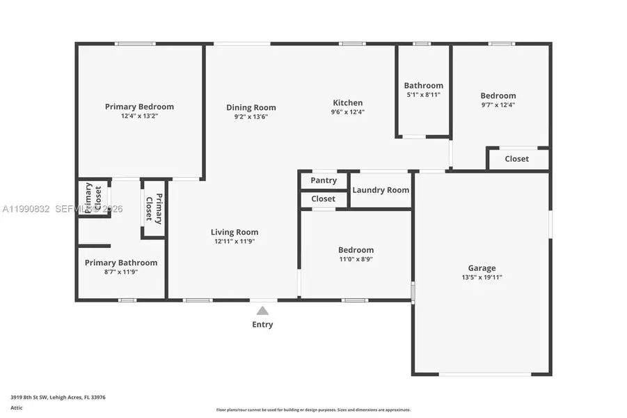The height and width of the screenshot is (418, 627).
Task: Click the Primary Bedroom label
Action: tap(139, 107)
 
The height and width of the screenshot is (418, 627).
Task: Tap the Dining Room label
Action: tap(251, 107)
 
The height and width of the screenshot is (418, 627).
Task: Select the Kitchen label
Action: tap(347, 102)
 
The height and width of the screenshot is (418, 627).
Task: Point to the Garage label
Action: tap(482, 268)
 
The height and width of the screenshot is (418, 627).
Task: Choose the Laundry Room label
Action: tap(381, 189)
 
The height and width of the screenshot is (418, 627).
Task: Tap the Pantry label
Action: tap(324, 180)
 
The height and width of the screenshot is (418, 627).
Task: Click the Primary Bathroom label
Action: tap(121, 263)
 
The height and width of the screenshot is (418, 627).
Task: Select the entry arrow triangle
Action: tap(262, 311)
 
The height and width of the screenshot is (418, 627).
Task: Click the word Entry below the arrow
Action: tap(262, 325)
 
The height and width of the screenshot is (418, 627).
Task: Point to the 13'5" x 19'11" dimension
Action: tap(482, 277)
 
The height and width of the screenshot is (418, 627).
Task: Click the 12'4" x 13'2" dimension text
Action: tap(139, 116)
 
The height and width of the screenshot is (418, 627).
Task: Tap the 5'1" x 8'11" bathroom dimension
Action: tap(423, 95)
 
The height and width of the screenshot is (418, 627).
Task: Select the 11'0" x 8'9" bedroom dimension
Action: tap(356, 259)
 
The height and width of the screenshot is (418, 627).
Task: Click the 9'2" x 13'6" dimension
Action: tap(251, 116)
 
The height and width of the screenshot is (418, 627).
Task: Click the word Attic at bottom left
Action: tap(17, 408)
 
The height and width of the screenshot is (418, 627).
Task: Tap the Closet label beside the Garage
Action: tap(516, 159)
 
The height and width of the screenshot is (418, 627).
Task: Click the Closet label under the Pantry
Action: tap(324, 199)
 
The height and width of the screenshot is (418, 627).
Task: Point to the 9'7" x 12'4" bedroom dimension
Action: tap(498, 104)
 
